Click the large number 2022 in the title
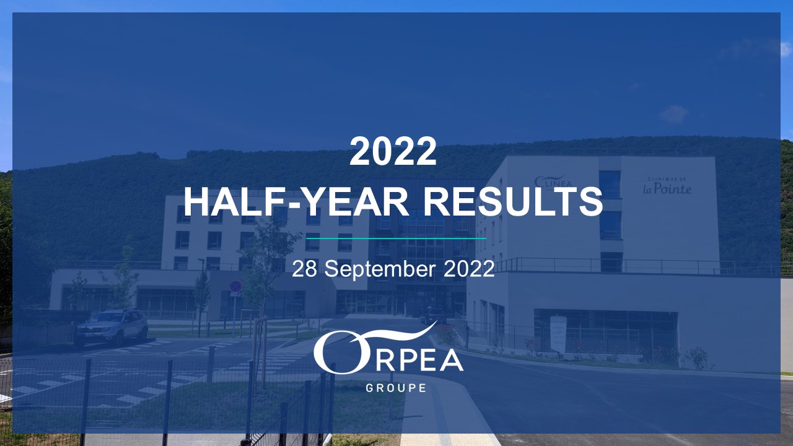[x=393, y=152]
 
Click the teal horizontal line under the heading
[x=396, y=238]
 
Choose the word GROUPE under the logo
[x=396, y=388]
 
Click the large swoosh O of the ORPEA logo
[x=335, y=356]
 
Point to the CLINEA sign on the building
[x=553, y=181]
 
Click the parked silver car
[x=112, y=326]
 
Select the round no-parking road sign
[x=235, y=286]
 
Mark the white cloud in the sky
[x=674, y=114]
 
